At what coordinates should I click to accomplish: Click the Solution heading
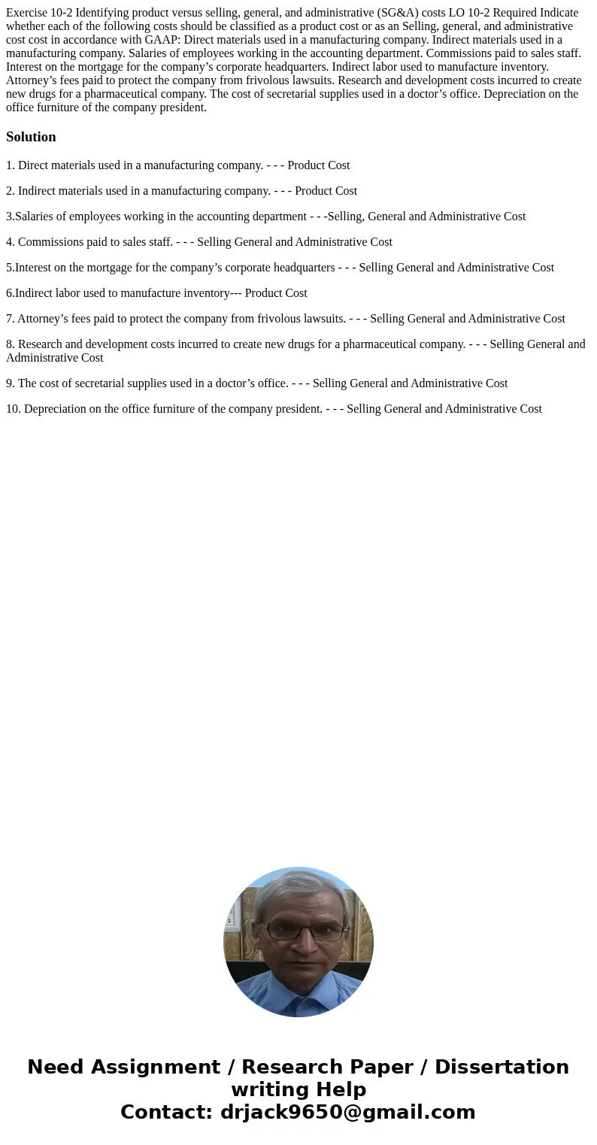[31, 137]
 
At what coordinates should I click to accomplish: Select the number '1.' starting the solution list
[10, 165]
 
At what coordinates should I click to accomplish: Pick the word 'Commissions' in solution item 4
[48, 242]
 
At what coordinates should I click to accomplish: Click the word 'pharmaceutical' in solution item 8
[383, 344]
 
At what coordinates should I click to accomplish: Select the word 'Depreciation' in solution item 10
[55, 409]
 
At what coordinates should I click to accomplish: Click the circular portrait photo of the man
[298, 941]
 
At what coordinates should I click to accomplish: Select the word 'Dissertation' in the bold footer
[502, 1068]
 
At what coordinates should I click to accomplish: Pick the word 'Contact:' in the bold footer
[166, 1113]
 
